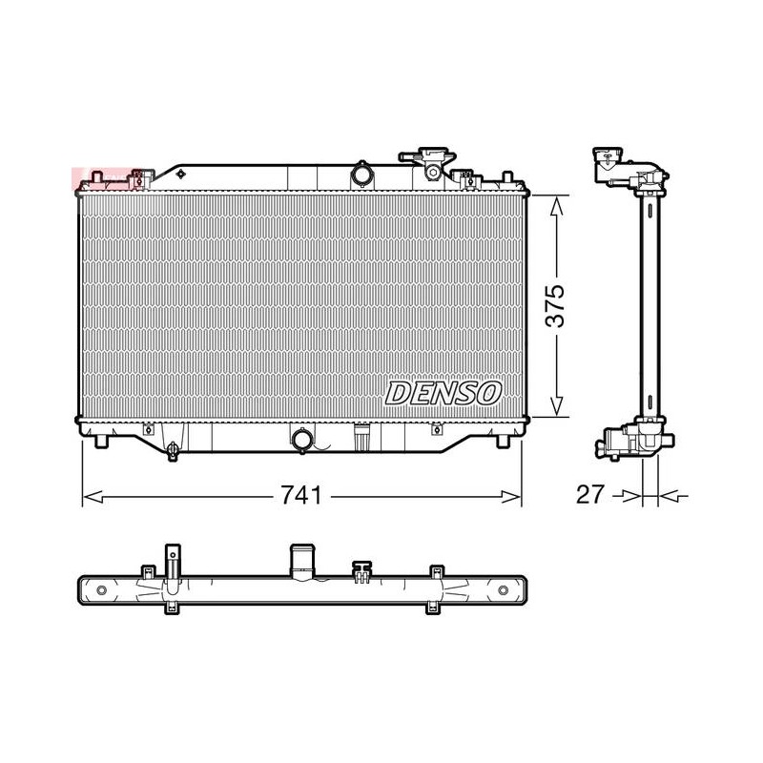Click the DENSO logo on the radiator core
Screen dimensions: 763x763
point(443,393)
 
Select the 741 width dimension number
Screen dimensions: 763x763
point(301,495)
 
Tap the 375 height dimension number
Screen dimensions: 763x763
point(555,305)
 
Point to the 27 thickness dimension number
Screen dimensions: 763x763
point(589,495)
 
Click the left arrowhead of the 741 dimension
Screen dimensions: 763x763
point(93,497)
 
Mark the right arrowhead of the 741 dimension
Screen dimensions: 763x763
point(511,497)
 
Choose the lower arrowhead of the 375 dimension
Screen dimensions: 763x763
point(557,406)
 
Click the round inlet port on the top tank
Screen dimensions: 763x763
point(361,175)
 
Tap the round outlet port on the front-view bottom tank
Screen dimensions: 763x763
point(301,440)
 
